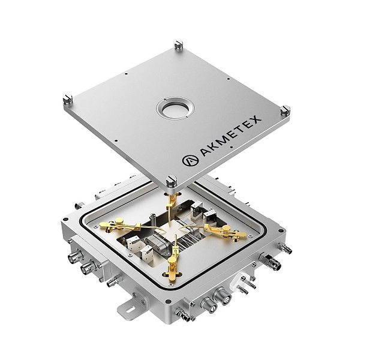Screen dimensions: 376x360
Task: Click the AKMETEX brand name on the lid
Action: point(231,136)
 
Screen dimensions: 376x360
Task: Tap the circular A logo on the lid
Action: point(190,160)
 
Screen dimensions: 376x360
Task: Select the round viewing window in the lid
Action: point(175,109)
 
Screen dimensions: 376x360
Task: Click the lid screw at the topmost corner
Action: point(178,45)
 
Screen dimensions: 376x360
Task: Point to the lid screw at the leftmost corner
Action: point(68,99)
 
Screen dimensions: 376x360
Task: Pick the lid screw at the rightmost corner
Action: point(285,110)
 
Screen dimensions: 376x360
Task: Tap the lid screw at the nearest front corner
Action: point(172,181)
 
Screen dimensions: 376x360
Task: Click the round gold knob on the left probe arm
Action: point(119,221)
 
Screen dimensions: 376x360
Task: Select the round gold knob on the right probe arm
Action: point(225,229)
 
